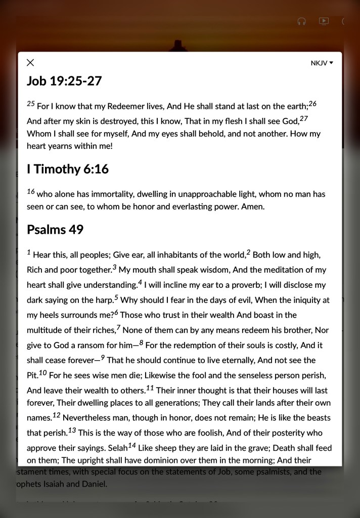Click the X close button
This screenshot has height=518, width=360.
point(30,63)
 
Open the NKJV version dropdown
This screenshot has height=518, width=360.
point(322,63)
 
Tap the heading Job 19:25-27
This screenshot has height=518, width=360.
point(64,81)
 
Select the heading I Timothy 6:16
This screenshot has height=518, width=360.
point(68,169)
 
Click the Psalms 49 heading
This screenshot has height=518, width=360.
point(55,230)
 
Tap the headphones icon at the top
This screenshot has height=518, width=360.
point(302,21)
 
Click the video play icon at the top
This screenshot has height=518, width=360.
point(324,21)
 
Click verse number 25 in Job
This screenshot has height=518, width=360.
point(31,104)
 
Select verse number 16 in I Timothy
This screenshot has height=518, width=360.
point(31,191)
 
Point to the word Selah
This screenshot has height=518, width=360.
point(117,448)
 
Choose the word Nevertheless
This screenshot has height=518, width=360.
point(89,418)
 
